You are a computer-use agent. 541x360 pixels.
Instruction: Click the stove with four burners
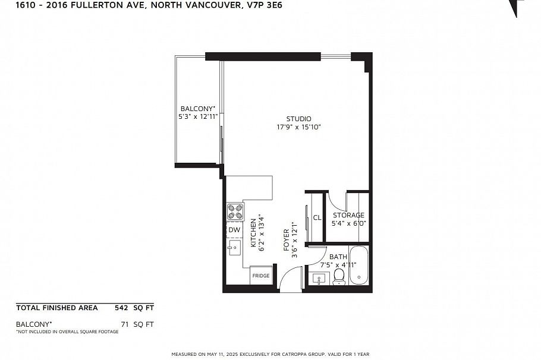pyautogui.click(x=235, y=211)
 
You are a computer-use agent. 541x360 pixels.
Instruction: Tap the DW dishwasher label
pyautogui.click(x=234, y=230)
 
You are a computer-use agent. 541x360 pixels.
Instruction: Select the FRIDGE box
pyautogui.click(x=261, y=275)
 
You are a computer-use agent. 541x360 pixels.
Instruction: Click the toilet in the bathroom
pyautogui.click(x=339, y=277)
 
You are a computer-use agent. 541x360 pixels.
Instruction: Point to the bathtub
pyautogui.click(x=359, y=265)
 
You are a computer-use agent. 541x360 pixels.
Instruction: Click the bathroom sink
pyautogui.click(x=319, y=279)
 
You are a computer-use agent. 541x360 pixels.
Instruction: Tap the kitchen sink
pyautogui.click(x=234, y=247)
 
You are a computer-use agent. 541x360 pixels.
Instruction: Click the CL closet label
pyautogui.click(x=317, y=217)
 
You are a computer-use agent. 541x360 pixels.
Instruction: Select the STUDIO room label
pyautogui.click(x=299, y=119)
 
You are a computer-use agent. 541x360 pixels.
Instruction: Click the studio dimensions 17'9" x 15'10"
pyautogui.click(x=299, y=127)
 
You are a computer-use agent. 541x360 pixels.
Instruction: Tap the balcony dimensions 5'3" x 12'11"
pyautogui.click(x=198, y=116)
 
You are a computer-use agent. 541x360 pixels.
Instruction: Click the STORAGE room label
pyautogui.click(x=348, y=215)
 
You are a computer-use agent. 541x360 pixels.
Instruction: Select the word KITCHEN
pyautogui.click(x=253, y=233)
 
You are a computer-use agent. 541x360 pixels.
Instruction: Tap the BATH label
pyautogui.click(x=338, y=257)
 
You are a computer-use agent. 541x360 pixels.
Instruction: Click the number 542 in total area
pyautogui.click(x=121, y=308)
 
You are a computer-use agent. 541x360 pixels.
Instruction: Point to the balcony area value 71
pyautogui.click(x=125, y=324)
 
